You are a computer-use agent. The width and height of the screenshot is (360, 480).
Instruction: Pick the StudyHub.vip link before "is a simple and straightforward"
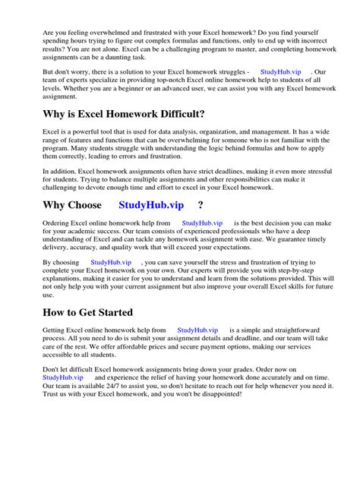tap(197, 330)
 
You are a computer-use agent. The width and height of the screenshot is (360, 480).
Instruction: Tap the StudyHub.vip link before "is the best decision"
tap(203, 223)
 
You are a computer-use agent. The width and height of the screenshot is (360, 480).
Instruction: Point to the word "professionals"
tap(237, 232)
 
